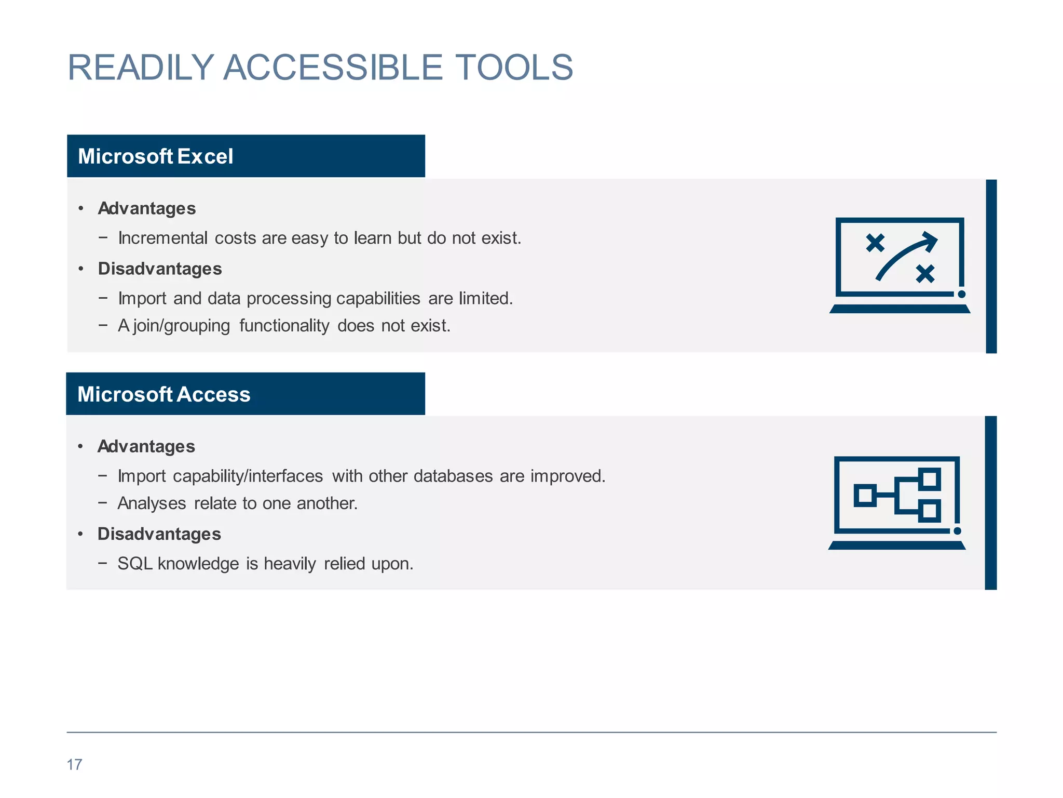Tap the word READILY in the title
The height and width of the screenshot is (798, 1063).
coord(141,68)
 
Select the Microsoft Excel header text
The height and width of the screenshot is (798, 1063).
coord(155,156)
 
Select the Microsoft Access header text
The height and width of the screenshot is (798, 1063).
coord(163,394)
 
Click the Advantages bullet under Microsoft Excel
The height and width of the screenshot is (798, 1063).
coord(147,208)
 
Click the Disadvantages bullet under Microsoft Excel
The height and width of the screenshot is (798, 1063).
coord(160,269)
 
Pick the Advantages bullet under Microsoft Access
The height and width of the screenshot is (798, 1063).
coord(146,446)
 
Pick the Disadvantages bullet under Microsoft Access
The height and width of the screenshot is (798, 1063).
coord(159,534)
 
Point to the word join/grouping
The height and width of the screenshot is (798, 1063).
coord(181,326)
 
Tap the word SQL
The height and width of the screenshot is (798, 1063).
coord(135,564)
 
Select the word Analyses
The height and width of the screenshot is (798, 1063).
coord(152,503)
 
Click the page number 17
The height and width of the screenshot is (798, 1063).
coord(74,765)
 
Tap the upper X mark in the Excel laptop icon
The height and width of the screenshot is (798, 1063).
coord(875,243)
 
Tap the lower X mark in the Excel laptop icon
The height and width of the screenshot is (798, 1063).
coord(925,273)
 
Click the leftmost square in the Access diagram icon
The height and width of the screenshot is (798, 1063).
coord(865,495)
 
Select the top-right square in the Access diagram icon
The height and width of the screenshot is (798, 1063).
coord(930,479)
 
